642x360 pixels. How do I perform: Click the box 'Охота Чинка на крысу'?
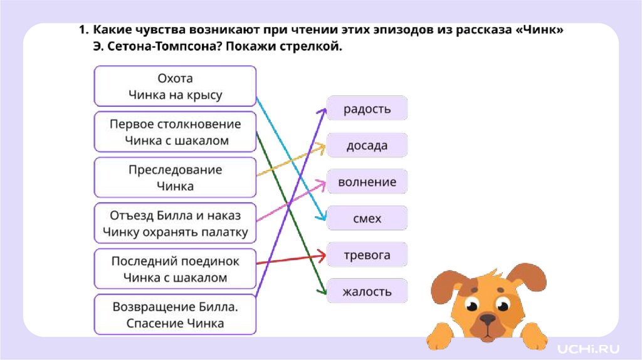pyautogui.click(x=175, y=87)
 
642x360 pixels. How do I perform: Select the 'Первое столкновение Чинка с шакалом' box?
pyautogui.click(x=175, y=132)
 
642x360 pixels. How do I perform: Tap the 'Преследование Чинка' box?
pyautogui.click(x=175, y=177)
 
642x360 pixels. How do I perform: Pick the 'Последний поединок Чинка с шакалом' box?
pyautogui.click(x=175, y=269)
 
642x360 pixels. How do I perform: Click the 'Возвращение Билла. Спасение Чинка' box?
pyautogui.click(x=175, y=315)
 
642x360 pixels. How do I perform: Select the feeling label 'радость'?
pyautogui.click(x=367, y=109)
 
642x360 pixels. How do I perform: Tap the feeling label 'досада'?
pyautogui.click(x=367, y=146)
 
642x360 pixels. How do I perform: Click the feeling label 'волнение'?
pyautogui.click(x=367, y=183)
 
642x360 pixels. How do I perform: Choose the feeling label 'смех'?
pyautogui.click(x=367, y=219)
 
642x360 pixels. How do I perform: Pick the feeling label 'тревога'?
pyautogui.click(x=367, y=255)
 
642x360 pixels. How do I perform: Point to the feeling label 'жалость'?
pyautogui.click(x=367, y=292)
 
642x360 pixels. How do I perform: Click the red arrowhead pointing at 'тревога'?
pyautogui.click(x=322, y=255)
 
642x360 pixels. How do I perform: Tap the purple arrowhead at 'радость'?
pyautogui.click(x=323, y=110)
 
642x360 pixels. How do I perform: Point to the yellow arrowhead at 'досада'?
pyautogui.click(x=322, y=147)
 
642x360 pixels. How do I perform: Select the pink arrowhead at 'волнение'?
pyautogui.click(x=322, y=182)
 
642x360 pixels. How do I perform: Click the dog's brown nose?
pyautogui.click(x=487, y=320)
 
